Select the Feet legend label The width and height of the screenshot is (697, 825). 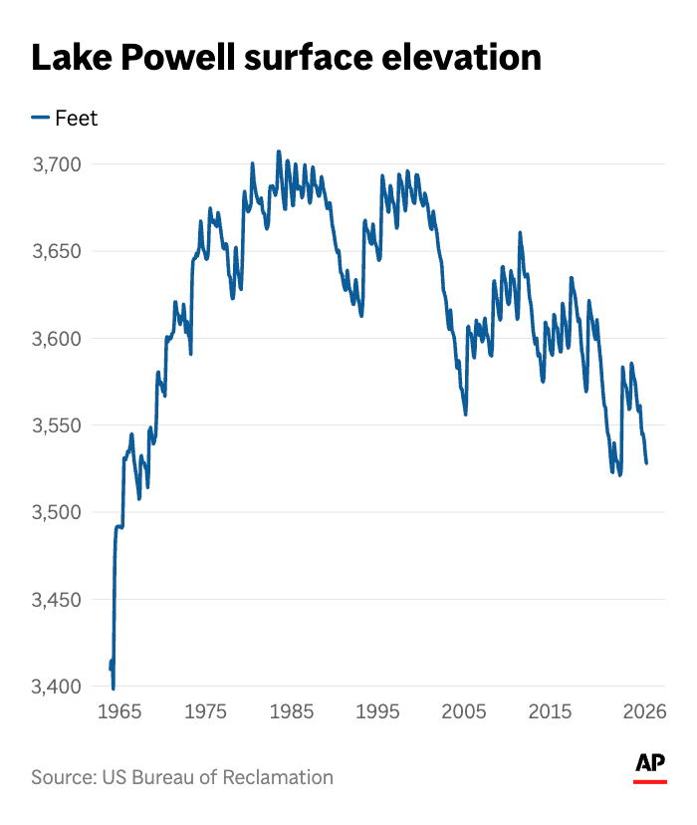76,119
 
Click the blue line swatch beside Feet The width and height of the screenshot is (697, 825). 40,119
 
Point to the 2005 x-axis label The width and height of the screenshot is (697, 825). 464,712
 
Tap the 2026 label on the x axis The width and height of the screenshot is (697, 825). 644,712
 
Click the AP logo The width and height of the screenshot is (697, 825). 650,765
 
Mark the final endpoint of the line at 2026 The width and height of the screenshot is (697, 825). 646,462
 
